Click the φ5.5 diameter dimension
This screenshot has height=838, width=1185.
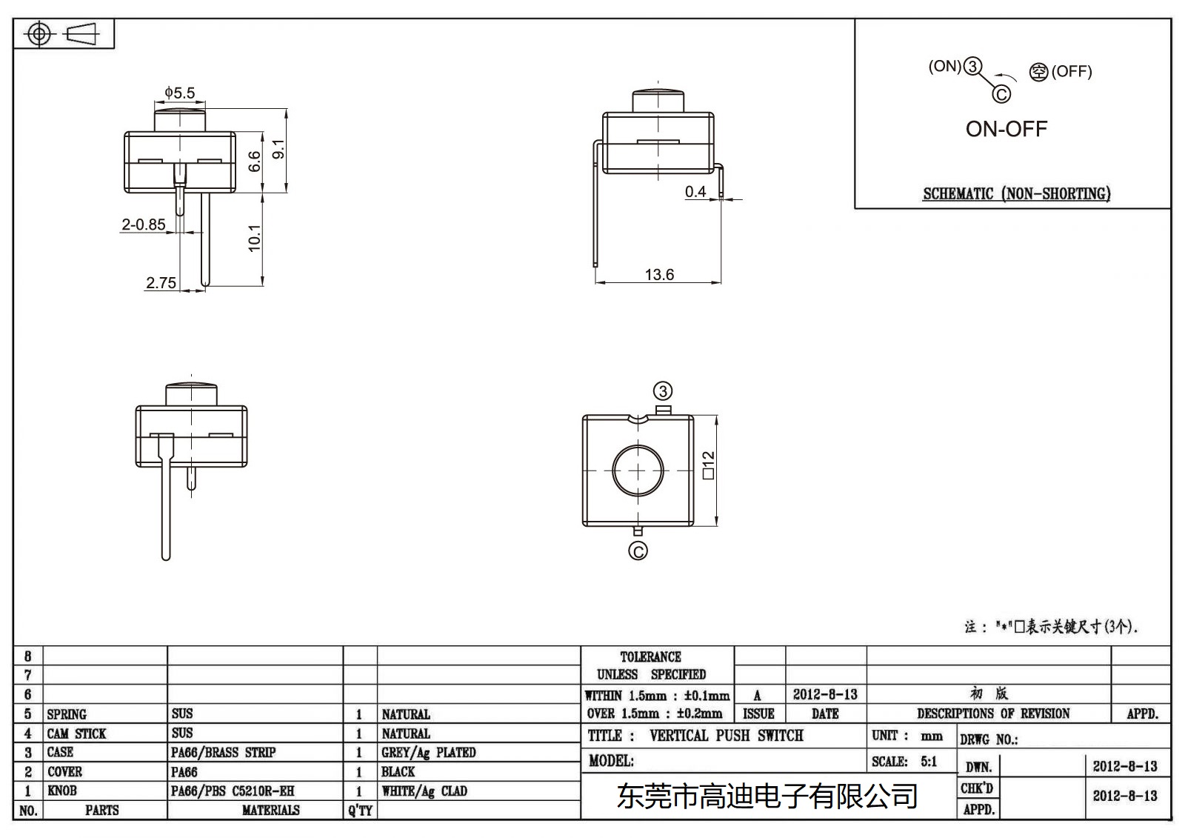[x=179, y=93]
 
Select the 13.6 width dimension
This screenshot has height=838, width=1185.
[x=658, y=275]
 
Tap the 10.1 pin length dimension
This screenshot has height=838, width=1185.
[x=254, y=238]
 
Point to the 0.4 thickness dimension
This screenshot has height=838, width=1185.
[x=695, y=192]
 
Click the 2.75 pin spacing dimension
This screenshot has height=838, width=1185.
[x=161, y=283]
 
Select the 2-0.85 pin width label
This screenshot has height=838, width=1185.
[x=144, y=225]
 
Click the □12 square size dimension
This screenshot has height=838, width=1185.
[x=708, y=465]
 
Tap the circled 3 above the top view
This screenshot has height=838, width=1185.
[x=662, y=391]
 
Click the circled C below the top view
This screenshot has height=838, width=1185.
[x=638, y=551]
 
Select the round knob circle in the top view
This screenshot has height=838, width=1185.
[x=638, y=470]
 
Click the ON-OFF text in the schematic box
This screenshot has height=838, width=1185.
[x=1006, y=129]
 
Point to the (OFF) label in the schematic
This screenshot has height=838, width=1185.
[x=1071, y=72]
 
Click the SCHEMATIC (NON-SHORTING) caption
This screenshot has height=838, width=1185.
[x=1015, y=194]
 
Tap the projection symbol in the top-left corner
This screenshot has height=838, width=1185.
[x=63, y=34]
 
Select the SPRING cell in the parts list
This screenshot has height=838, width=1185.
[x=67, y=714]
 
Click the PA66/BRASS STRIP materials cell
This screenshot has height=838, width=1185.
[x=223, y=753]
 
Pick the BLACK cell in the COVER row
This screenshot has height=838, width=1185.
[x=398, y=772]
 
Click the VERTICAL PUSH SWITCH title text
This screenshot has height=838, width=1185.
[x=726, y=736]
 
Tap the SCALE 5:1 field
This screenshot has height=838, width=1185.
[x=904, y=762]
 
